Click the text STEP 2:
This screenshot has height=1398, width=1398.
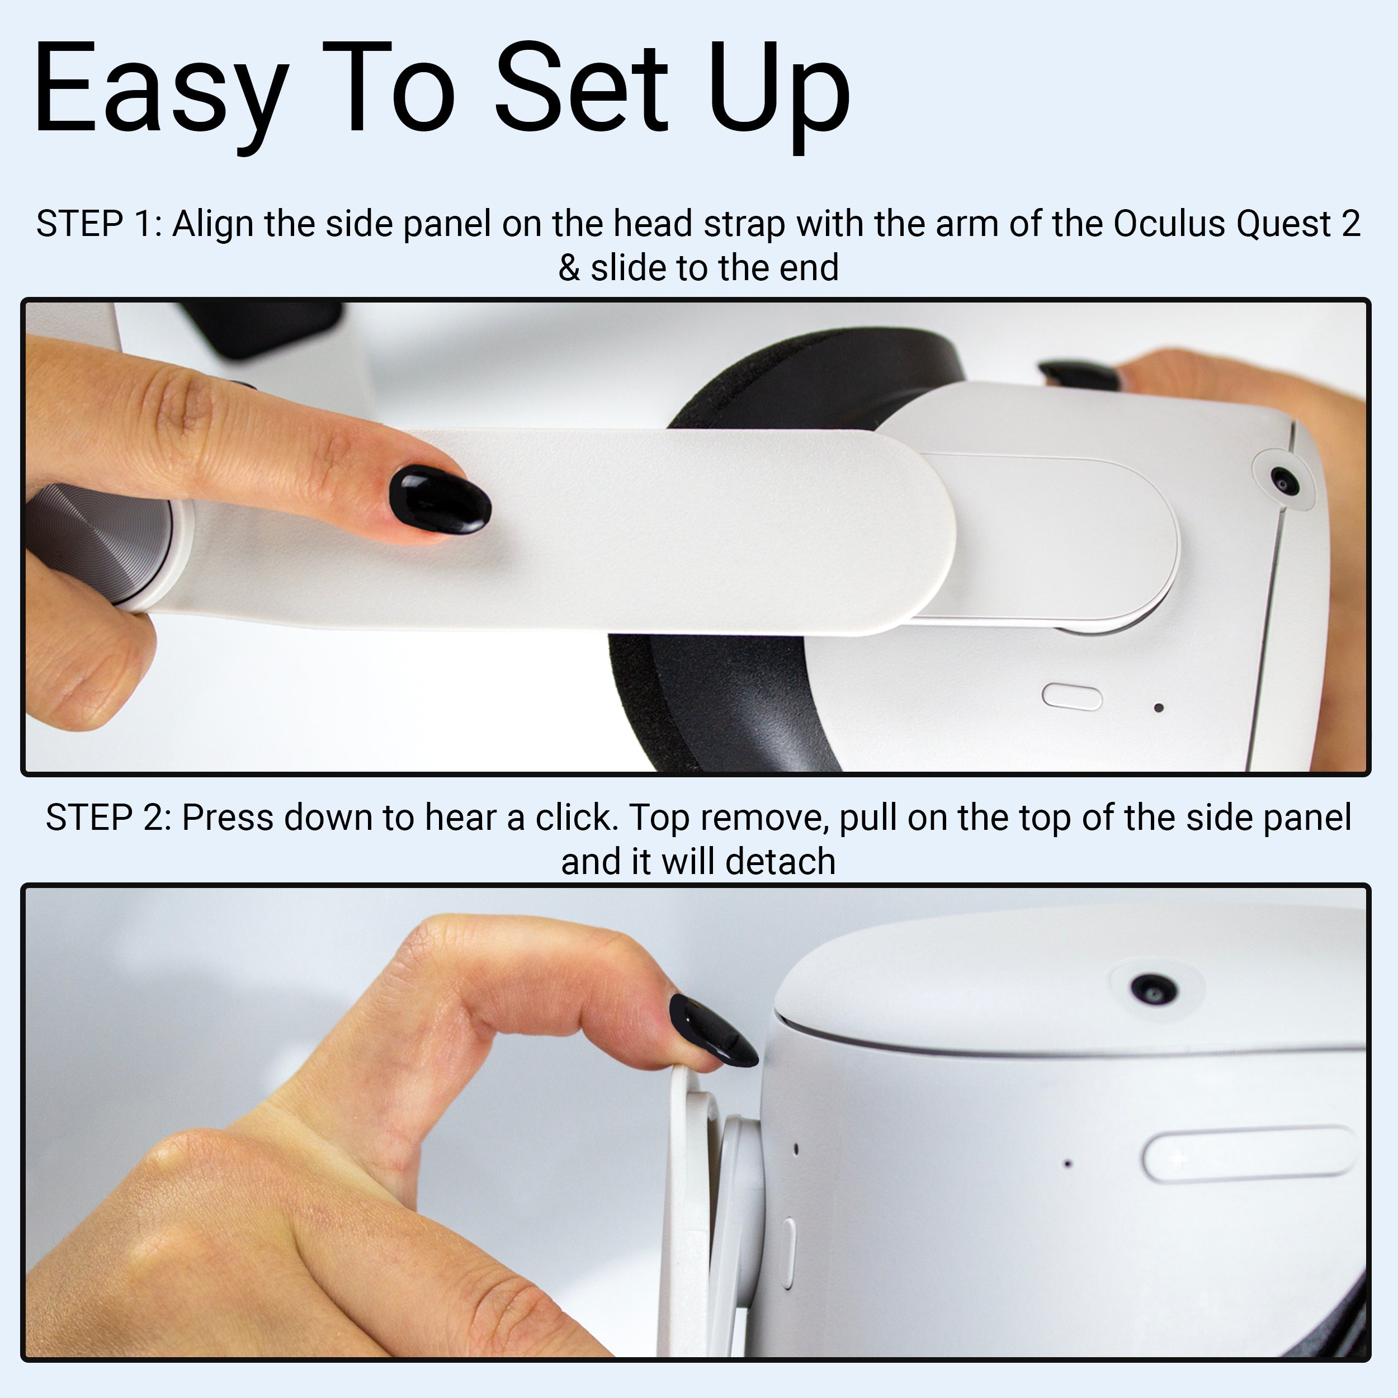click(108, 818)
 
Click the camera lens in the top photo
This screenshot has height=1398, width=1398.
click(1283, 480)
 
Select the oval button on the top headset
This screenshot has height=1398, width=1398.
click(1071, 697)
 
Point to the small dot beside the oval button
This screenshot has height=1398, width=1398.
click(1159, 708)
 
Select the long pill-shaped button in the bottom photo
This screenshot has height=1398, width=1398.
click(1249, 1154)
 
